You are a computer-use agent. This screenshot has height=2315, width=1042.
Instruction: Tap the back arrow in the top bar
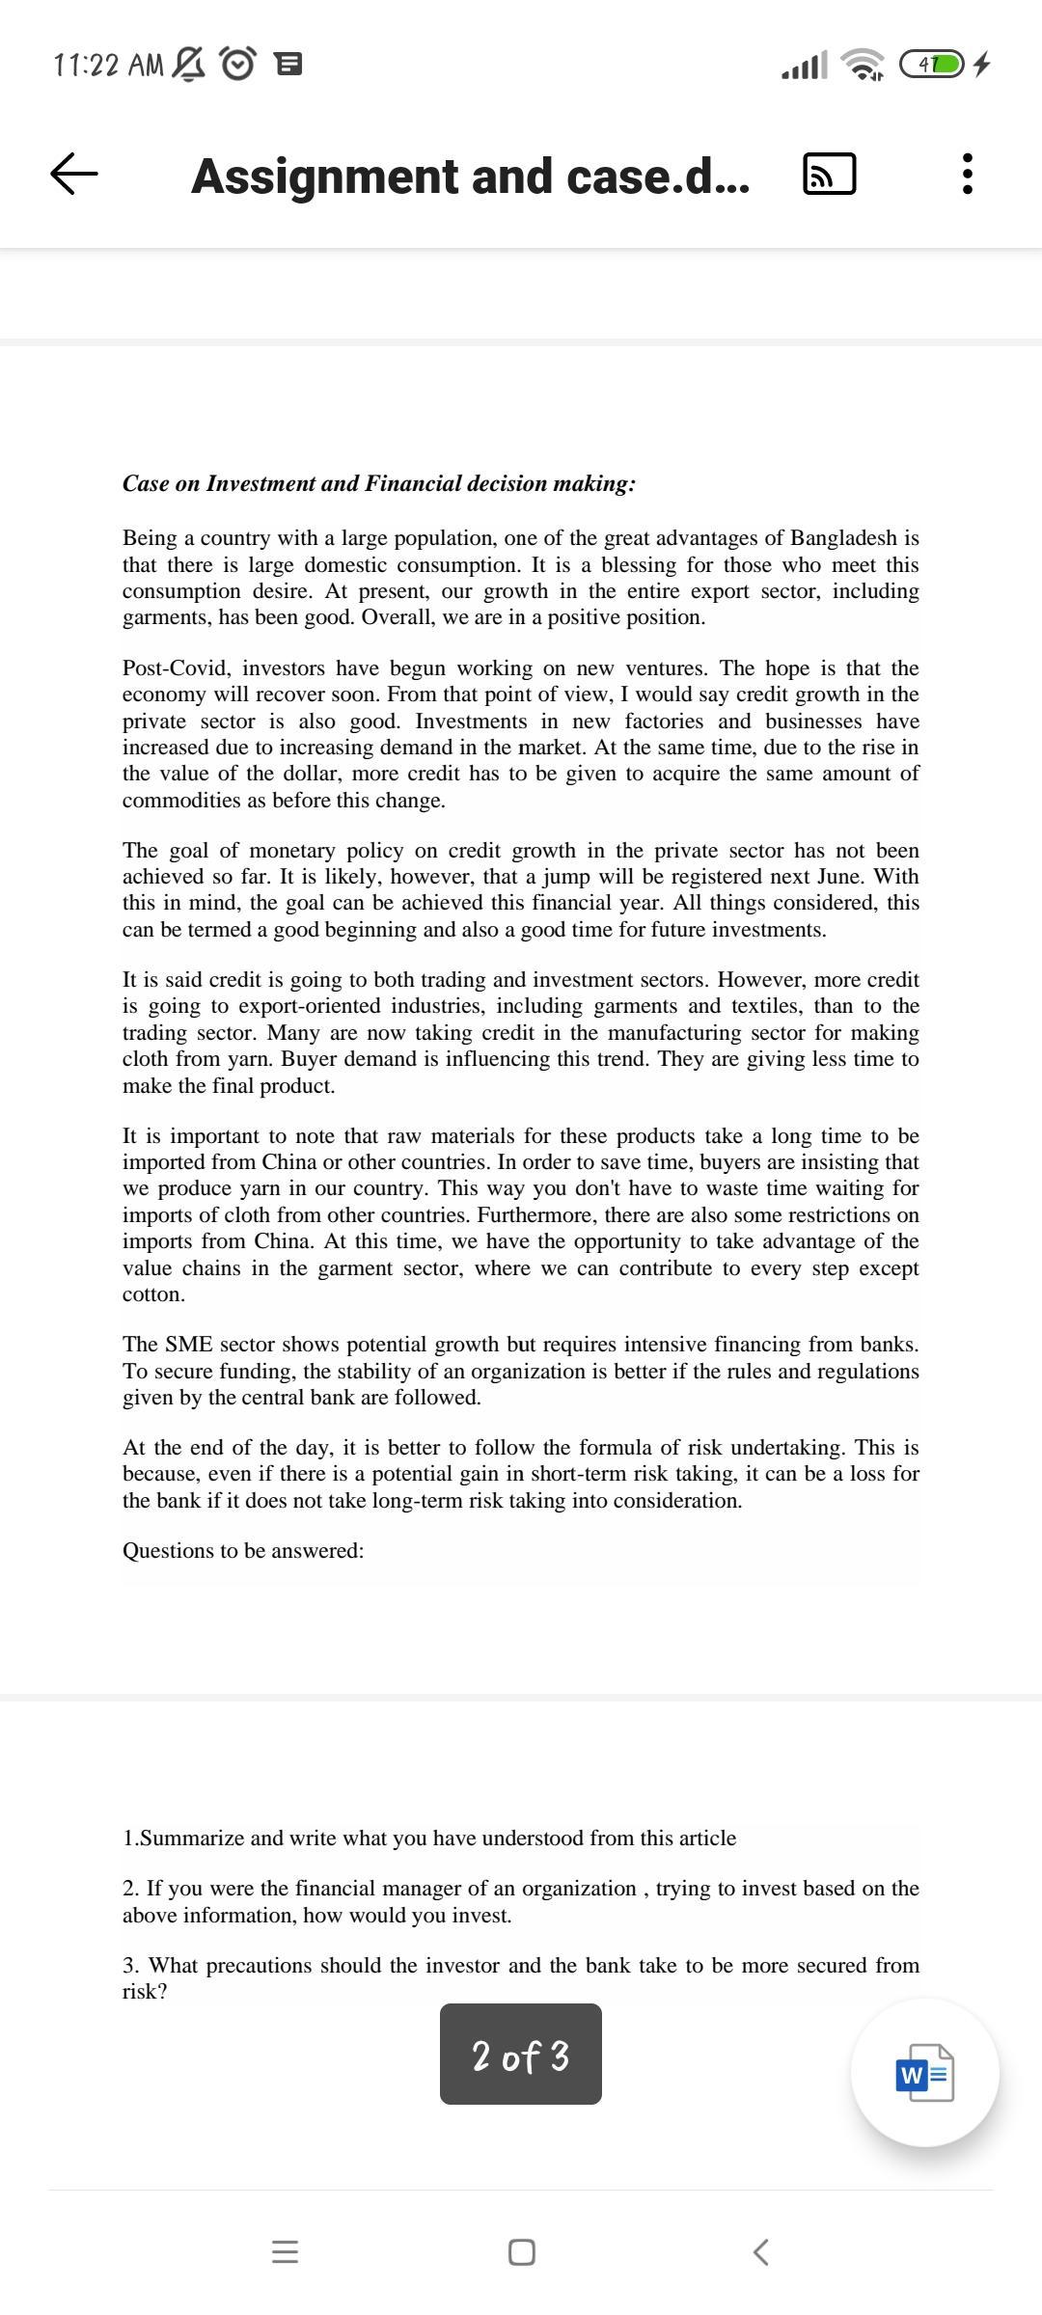74,175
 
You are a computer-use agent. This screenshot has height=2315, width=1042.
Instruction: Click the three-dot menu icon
968,175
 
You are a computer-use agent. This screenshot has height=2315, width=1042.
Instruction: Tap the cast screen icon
829,175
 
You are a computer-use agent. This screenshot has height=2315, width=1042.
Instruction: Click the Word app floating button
924,2072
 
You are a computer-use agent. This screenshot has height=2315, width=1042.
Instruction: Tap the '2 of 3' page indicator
521,2055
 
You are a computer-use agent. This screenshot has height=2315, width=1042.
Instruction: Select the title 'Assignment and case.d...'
470,177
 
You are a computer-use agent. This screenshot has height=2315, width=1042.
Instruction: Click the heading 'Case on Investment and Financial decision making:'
378,483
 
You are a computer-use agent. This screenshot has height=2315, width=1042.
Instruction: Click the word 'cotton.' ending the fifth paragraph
153,1294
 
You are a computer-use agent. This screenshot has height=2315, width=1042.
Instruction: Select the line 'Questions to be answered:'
243,1551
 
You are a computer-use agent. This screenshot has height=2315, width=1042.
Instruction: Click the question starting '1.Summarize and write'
429,1838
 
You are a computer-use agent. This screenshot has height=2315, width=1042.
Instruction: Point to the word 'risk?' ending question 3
145,1991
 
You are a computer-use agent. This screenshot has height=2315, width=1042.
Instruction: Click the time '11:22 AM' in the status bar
109,66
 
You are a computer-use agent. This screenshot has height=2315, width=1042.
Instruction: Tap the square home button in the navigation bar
521,2252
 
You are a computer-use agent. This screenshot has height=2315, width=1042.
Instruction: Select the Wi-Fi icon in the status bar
863,65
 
